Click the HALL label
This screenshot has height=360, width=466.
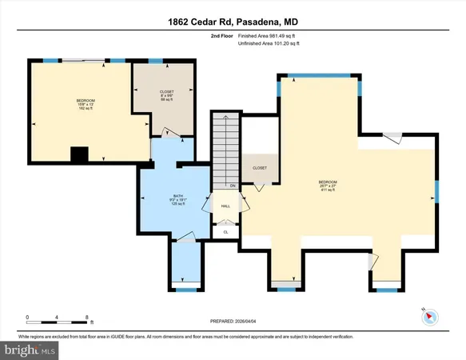(x=226, y=206)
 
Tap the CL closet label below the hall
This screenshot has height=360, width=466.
(x=225, y=232)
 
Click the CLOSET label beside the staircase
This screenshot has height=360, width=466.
(x=260, y=168)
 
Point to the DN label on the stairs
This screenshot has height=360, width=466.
(x=232, y=186)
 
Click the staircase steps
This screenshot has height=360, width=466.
(x=225, y=148)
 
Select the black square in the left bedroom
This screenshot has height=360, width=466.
(x=78, y=154)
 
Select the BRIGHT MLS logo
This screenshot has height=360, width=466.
(x=30, y=350)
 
